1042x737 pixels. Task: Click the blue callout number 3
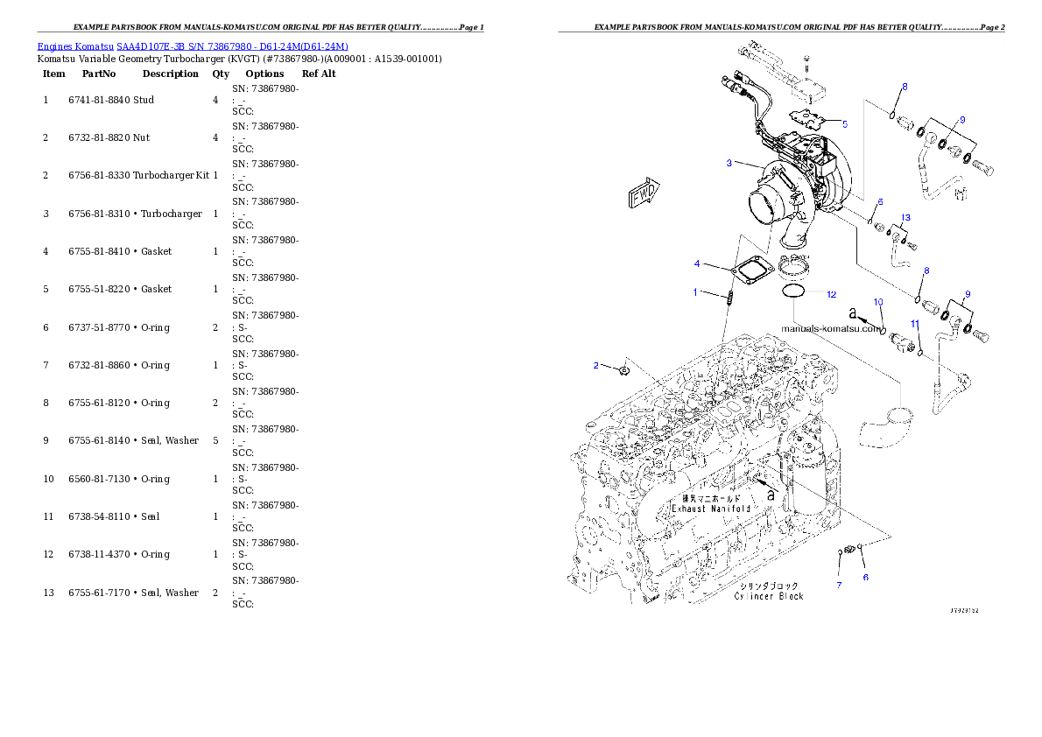pos(729,163)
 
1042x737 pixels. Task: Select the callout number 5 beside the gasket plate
pos(845,124)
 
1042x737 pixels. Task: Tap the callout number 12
pos(831,295)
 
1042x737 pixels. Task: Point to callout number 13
pos(905,216)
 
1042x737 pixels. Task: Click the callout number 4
pos(697,263)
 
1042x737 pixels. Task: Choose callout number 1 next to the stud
pos(696,291)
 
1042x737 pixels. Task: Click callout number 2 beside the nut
pos(596,365)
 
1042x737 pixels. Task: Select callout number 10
pos(879,301)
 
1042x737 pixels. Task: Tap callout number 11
pos(914,324)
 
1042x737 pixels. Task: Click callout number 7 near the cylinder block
pos(838,585)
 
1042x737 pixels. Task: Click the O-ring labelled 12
pos(793,290)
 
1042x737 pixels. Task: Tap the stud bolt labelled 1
pos(729,299)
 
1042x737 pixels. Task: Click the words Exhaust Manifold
pos(711,508)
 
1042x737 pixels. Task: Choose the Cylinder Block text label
pos(769,596)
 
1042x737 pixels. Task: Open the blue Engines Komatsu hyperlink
pos(193,46)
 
